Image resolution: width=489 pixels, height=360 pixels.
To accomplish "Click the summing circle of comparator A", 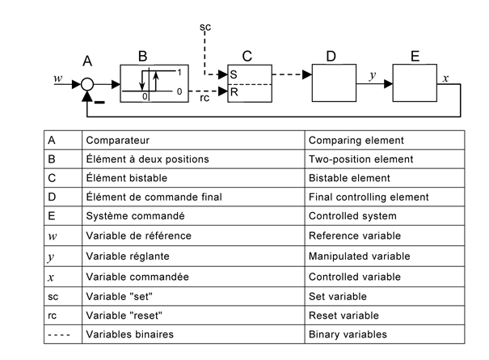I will pyautogui.click(x=87, y=83).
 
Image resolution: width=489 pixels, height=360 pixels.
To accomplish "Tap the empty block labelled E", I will pyautogui.click(x=415, y=82).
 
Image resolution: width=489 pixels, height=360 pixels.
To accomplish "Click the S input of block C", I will pyautogui.click(x=234, y=74).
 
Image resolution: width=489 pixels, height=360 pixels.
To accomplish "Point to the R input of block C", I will pyautogui.click(x=234, y=92).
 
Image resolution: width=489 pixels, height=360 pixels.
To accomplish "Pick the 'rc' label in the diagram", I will pyautogui.click(x=204, y=99).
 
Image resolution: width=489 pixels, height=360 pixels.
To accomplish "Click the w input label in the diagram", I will pyautogui.click(x=57, y=78).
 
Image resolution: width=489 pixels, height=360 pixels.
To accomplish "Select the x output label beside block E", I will pyautogui.click(x=445, y=79).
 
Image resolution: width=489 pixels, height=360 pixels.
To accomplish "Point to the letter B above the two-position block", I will pyautogui.click(x=142, y=56).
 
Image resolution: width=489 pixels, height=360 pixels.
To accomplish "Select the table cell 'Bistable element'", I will pyautogui.click(x=348, y=178).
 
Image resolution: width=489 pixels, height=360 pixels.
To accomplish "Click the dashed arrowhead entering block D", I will pyautogui.click(x=307, y=75).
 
